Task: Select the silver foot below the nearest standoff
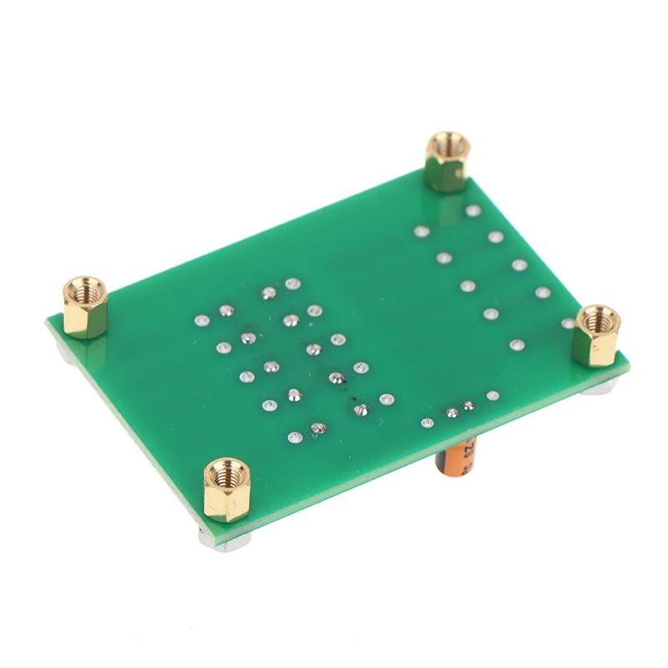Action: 224,539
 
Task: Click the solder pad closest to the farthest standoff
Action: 473,211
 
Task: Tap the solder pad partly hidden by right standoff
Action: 569,322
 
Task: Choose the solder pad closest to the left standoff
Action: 200,319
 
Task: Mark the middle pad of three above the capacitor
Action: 452,412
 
